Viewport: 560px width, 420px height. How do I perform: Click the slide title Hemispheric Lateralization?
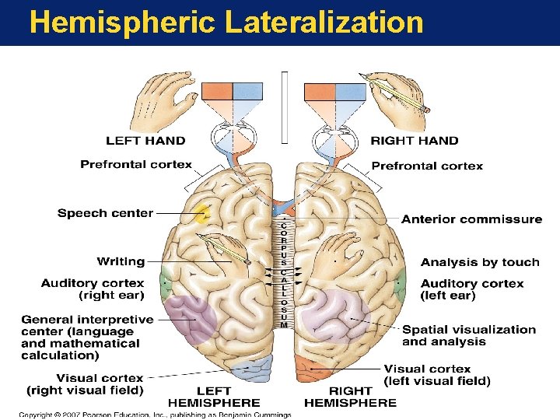pyautogui.click(x=226, y=22)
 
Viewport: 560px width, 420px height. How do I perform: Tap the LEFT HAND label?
pyautogui.click(x=145, y=141)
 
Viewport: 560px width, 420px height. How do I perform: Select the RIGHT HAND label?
pyautogui.click(x=414, y=141)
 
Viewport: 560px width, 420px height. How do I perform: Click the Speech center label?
pyautogui.click(x=105, y=213)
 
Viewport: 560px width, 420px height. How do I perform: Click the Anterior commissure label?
pyautogui.click(x=471, y=219)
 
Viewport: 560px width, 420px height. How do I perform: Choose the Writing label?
pyautogui.click(x=121, y=261)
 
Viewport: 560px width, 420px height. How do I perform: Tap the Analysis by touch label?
pyautogui.click(x=480, y=262)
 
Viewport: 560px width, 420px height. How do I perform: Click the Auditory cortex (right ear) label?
pyautogui.click(x=93, y=289)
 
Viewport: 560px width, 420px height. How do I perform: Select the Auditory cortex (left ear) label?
pyautogui.click(x=472, y=289)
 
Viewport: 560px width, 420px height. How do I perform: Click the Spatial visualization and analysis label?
pyautogui.click(x=469, y=335)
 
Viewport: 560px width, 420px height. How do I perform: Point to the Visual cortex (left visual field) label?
pyautogui.click(x=437, y=375)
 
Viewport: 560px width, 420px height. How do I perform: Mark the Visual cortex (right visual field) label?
pyautogui.click(x=86, y=383)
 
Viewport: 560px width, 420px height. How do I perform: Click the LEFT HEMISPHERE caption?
pyautogui.click(x=214, y=396)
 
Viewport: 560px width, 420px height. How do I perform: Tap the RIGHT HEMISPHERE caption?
pyautogui.click(x=350, y=396)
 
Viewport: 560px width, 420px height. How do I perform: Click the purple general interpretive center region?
pyautogui.click(x=191, y=317)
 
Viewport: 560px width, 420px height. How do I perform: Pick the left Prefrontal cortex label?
pyautogui.click(x=136, y=165)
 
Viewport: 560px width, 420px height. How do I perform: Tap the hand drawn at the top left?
pyautogui.click(x=163, y=101)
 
